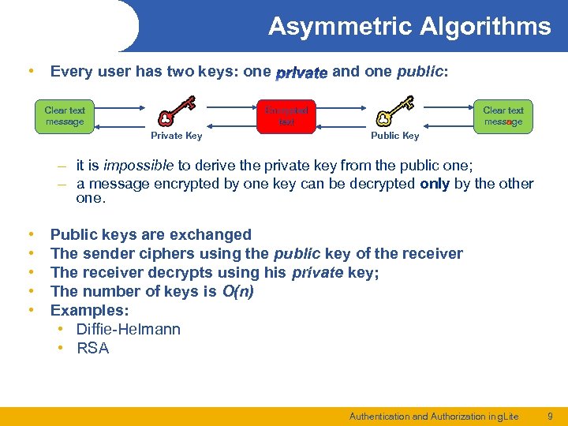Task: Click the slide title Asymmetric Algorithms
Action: click(x=409, y=27)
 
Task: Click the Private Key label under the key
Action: click(x=176, y=136)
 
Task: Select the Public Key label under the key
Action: click(x=394, y=136)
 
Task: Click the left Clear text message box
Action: click(x=65, y=116)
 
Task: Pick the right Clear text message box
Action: click(x=503, y=116)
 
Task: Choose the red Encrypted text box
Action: click(x=286, y=116)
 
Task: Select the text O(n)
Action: click(x=237, y=291)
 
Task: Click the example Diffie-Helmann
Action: click(x=129, y=329)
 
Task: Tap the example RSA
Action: click(x=93, y=348)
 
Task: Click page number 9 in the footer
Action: click(x=550, y=416)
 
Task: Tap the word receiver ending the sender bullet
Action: click(x=430, y=253)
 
